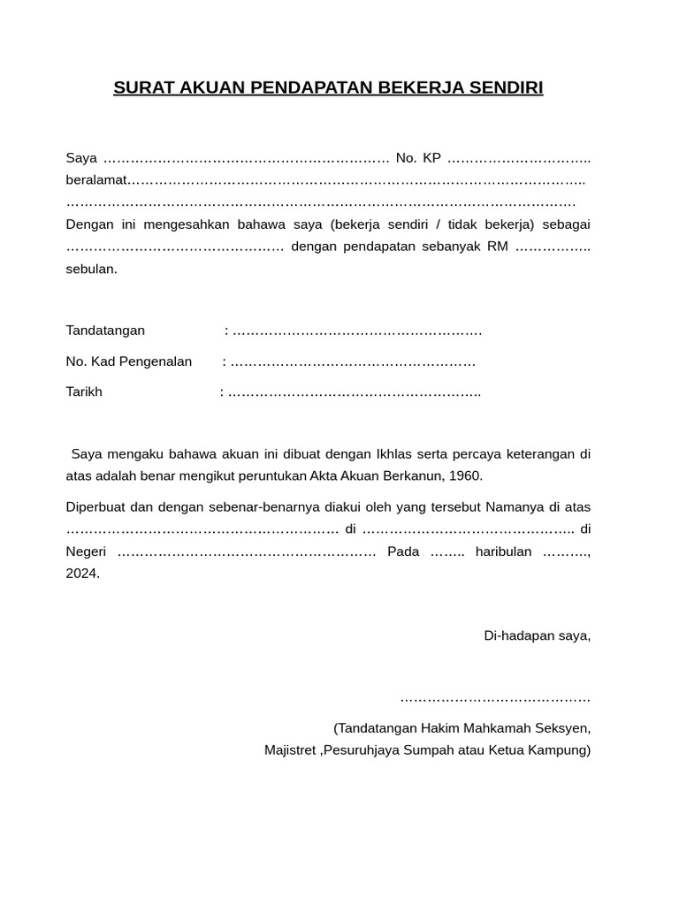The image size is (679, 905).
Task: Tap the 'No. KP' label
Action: pyautogui.click(x=418, y=158)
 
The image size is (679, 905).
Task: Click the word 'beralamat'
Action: pyautogui.click(x=96, y=181)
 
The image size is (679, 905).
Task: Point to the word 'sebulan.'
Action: pyautogui.click(x=92, y=269)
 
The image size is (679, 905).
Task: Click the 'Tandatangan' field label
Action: pyautogui.click(x=105, y=331)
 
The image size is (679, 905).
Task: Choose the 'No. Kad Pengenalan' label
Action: pyautogui.click(x=129, y=361)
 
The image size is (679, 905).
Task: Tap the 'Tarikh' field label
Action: pyautogui.click(x=84, y=392)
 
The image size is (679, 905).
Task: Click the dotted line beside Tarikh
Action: pyautogui.click(x=354, y=392)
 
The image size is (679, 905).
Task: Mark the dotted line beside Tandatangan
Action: pyautogui.click(x=357, y=331)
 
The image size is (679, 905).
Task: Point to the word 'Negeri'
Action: pyautogui.click(x=87, y=551)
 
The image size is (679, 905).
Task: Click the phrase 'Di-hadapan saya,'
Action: pyautogui.click(x=537, y=635)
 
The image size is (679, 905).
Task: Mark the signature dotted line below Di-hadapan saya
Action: pyautogui.click(x=495, y=699)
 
